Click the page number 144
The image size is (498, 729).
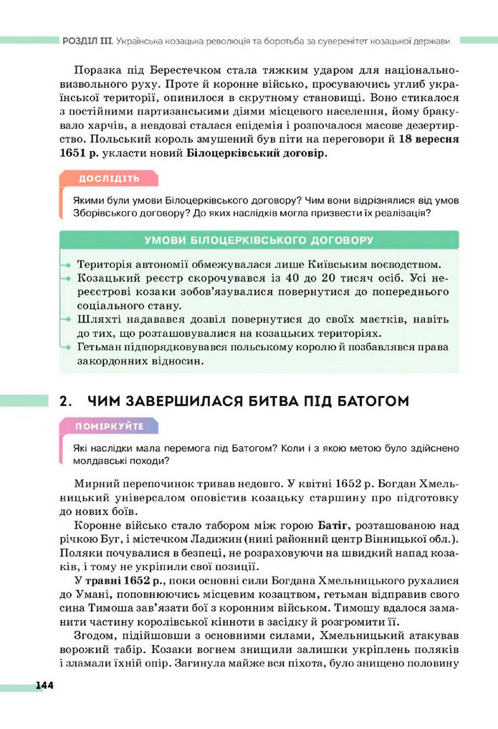44,685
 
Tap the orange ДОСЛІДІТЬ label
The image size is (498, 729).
109,178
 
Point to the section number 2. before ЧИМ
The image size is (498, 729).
67,401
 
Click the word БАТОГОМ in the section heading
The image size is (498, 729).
367,401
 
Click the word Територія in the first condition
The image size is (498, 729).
105,264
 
